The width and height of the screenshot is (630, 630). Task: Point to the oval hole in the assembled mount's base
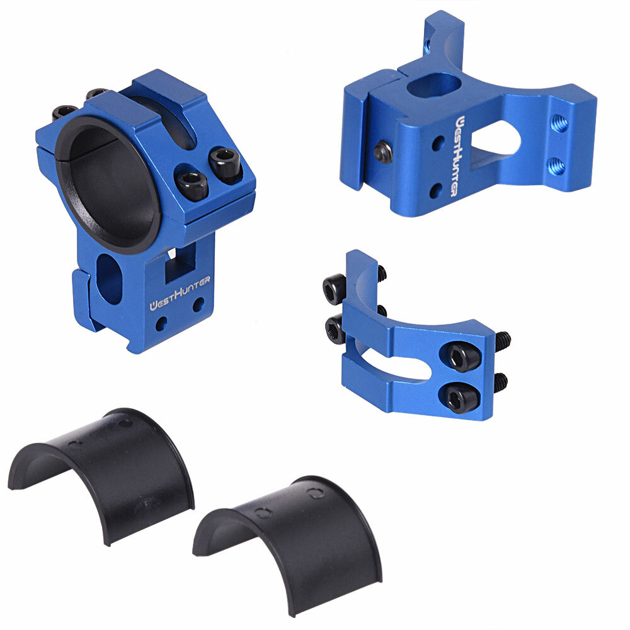pos(110,277)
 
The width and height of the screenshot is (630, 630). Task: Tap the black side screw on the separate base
pos(382,152)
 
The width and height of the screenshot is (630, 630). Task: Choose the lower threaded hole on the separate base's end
pos(555,166)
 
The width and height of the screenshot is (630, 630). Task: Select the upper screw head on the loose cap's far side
pos(334,289)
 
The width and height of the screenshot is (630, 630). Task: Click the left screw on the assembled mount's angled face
pos(191,185)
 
